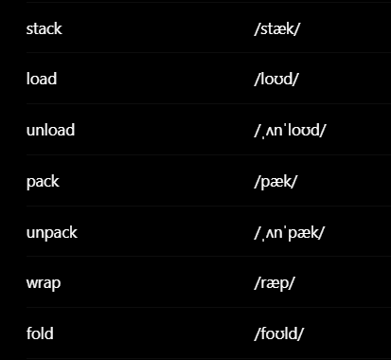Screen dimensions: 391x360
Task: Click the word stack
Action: pyautogui.click(x=44, y=28)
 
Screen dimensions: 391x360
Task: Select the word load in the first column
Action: pyautogui.click(x=42, y=79)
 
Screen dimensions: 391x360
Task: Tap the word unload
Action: pyautogui.click(x=50, y=130)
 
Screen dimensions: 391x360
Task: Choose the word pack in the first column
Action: pyautogui.click(x=43, y=182)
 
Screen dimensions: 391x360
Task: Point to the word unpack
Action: pyautogui.click(x=52, y=233)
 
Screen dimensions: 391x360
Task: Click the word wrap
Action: pyautogui.click(x=44, y=283)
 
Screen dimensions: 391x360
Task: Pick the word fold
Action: pyautogui.click(x=40, y=333)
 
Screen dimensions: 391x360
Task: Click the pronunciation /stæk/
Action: pyautogui.click(x=276, y=29)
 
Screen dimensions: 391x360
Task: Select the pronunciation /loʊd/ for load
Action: pyautogui.click(x=276, y=79)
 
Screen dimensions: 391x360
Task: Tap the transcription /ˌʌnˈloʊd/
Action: pyautogui.click(x=290, y=130)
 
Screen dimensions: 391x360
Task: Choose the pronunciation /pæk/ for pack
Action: pyautogui.click(x=275, y=182)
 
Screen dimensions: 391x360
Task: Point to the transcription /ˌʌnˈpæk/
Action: pyautogui.click(x=289, y=233)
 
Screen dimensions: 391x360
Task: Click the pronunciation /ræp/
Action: pyautogui.click(x=275, y=283)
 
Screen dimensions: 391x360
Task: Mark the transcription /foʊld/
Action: pyautogui.click(x=278, y=333)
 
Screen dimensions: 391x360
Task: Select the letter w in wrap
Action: pyautogui.click(x=32, y=283)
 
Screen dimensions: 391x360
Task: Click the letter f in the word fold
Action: pyautogui.click(x=29, y=333)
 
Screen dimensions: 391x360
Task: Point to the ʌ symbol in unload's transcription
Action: pyautogui.click(x=270, y=131)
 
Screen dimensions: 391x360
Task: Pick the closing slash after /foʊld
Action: pyautogui.click(x=300, y=334)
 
